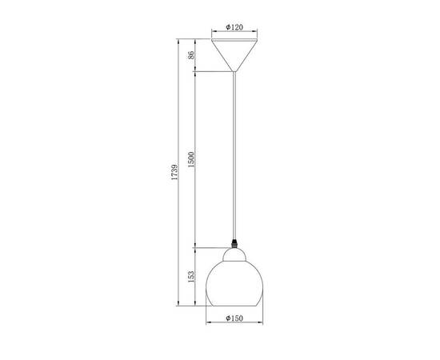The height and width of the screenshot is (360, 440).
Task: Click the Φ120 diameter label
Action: point(234,27)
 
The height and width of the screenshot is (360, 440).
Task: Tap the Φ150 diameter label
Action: point(234,318)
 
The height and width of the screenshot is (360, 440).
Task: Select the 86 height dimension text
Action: point(191,55)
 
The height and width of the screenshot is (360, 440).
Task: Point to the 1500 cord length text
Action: point(191,159)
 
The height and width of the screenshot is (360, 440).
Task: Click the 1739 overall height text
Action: point(174,172)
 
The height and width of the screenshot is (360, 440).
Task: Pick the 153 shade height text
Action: point(191,276)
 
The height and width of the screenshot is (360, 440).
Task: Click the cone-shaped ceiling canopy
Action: point(234,55)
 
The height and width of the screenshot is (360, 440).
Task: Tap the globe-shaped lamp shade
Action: point(234,283)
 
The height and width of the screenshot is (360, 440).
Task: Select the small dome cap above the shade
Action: point(234,254)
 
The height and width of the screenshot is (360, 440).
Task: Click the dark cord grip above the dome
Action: point(234,243)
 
